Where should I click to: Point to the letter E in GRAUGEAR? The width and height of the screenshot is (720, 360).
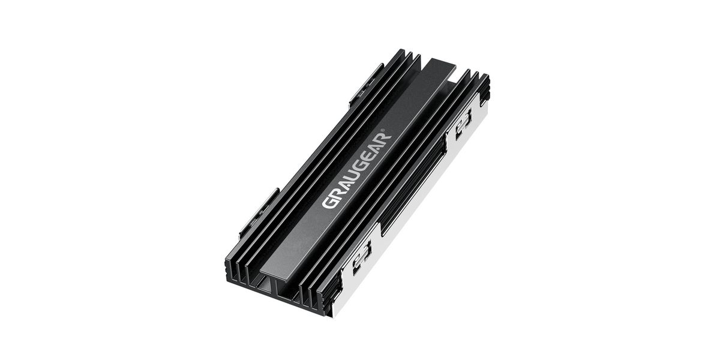(x=370, y=154)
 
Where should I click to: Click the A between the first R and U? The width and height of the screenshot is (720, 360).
(x=344, y=184)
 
